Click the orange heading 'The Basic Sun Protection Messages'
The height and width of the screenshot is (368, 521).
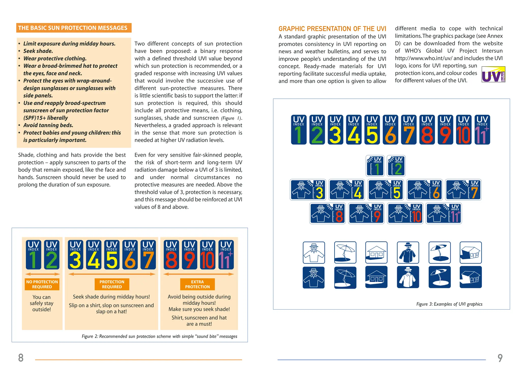74,28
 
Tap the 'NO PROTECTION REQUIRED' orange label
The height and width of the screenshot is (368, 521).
42,284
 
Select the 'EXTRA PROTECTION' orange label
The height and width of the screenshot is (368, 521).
197,284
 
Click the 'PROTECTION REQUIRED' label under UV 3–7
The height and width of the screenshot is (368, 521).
112,284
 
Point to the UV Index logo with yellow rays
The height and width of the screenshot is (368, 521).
493,74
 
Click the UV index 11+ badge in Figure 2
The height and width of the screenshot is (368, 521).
226,255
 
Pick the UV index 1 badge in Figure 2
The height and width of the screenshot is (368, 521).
33,255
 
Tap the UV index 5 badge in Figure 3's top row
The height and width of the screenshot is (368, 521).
372,130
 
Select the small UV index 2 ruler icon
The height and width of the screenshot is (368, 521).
396,166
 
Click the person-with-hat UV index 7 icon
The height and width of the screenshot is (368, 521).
463,190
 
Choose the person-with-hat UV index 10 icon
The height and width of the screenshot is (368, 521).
405,213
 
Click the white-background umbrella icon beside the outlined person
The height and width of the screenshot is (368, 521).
345,252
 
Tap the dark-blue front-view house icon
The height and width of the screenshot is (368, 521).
376,277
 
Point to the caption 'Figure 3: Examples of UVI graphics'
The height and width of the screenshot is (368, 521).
449,304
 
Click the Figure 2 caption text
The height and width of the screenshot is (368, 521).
159,336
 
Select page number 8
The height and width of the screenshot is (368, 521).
21,358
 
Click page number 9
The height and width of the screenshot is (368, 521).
500,358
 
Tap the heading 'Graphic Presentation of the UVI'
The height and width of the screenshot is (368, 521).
332,29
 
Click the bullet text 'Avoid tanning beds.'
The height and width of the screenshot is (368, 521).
48,125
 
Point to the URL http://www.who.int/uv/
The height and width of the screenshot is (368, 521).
423,58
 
